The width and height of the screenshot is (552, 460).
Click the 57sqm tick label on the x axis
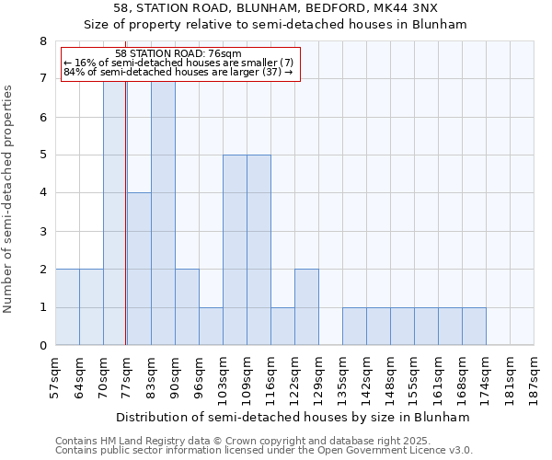56,374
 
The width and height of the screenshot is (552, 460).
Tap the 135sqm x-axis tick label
343,377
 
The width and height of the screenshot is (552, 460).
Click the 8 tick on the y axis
42,41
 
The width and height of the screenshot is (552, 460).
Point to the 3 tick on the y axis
42,232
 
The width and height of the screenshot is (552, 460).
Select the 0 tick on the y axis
42,346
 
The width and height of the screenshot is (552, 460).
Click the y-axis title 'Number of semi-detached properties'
9,200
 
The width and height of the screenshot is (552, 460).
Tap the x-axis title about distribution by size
294,417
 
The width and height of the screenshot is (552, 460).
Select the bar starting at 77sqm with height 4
139,269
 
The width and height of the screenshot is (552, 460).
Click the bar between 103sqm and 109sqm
235,250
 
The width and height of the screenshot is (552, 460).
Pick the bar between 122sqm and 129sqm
306,307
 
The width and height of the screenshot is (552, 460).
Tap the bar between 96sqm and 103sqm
211,327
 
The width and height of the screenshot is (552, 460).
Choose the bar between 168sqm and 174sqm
474,327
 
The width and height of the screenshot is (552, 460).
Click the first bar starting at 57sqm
67,307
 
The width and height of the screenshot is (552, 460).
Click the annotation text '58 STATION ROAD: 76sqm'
178,54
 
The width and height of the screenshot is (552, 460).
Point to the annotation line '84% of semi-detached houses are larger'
178,72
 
